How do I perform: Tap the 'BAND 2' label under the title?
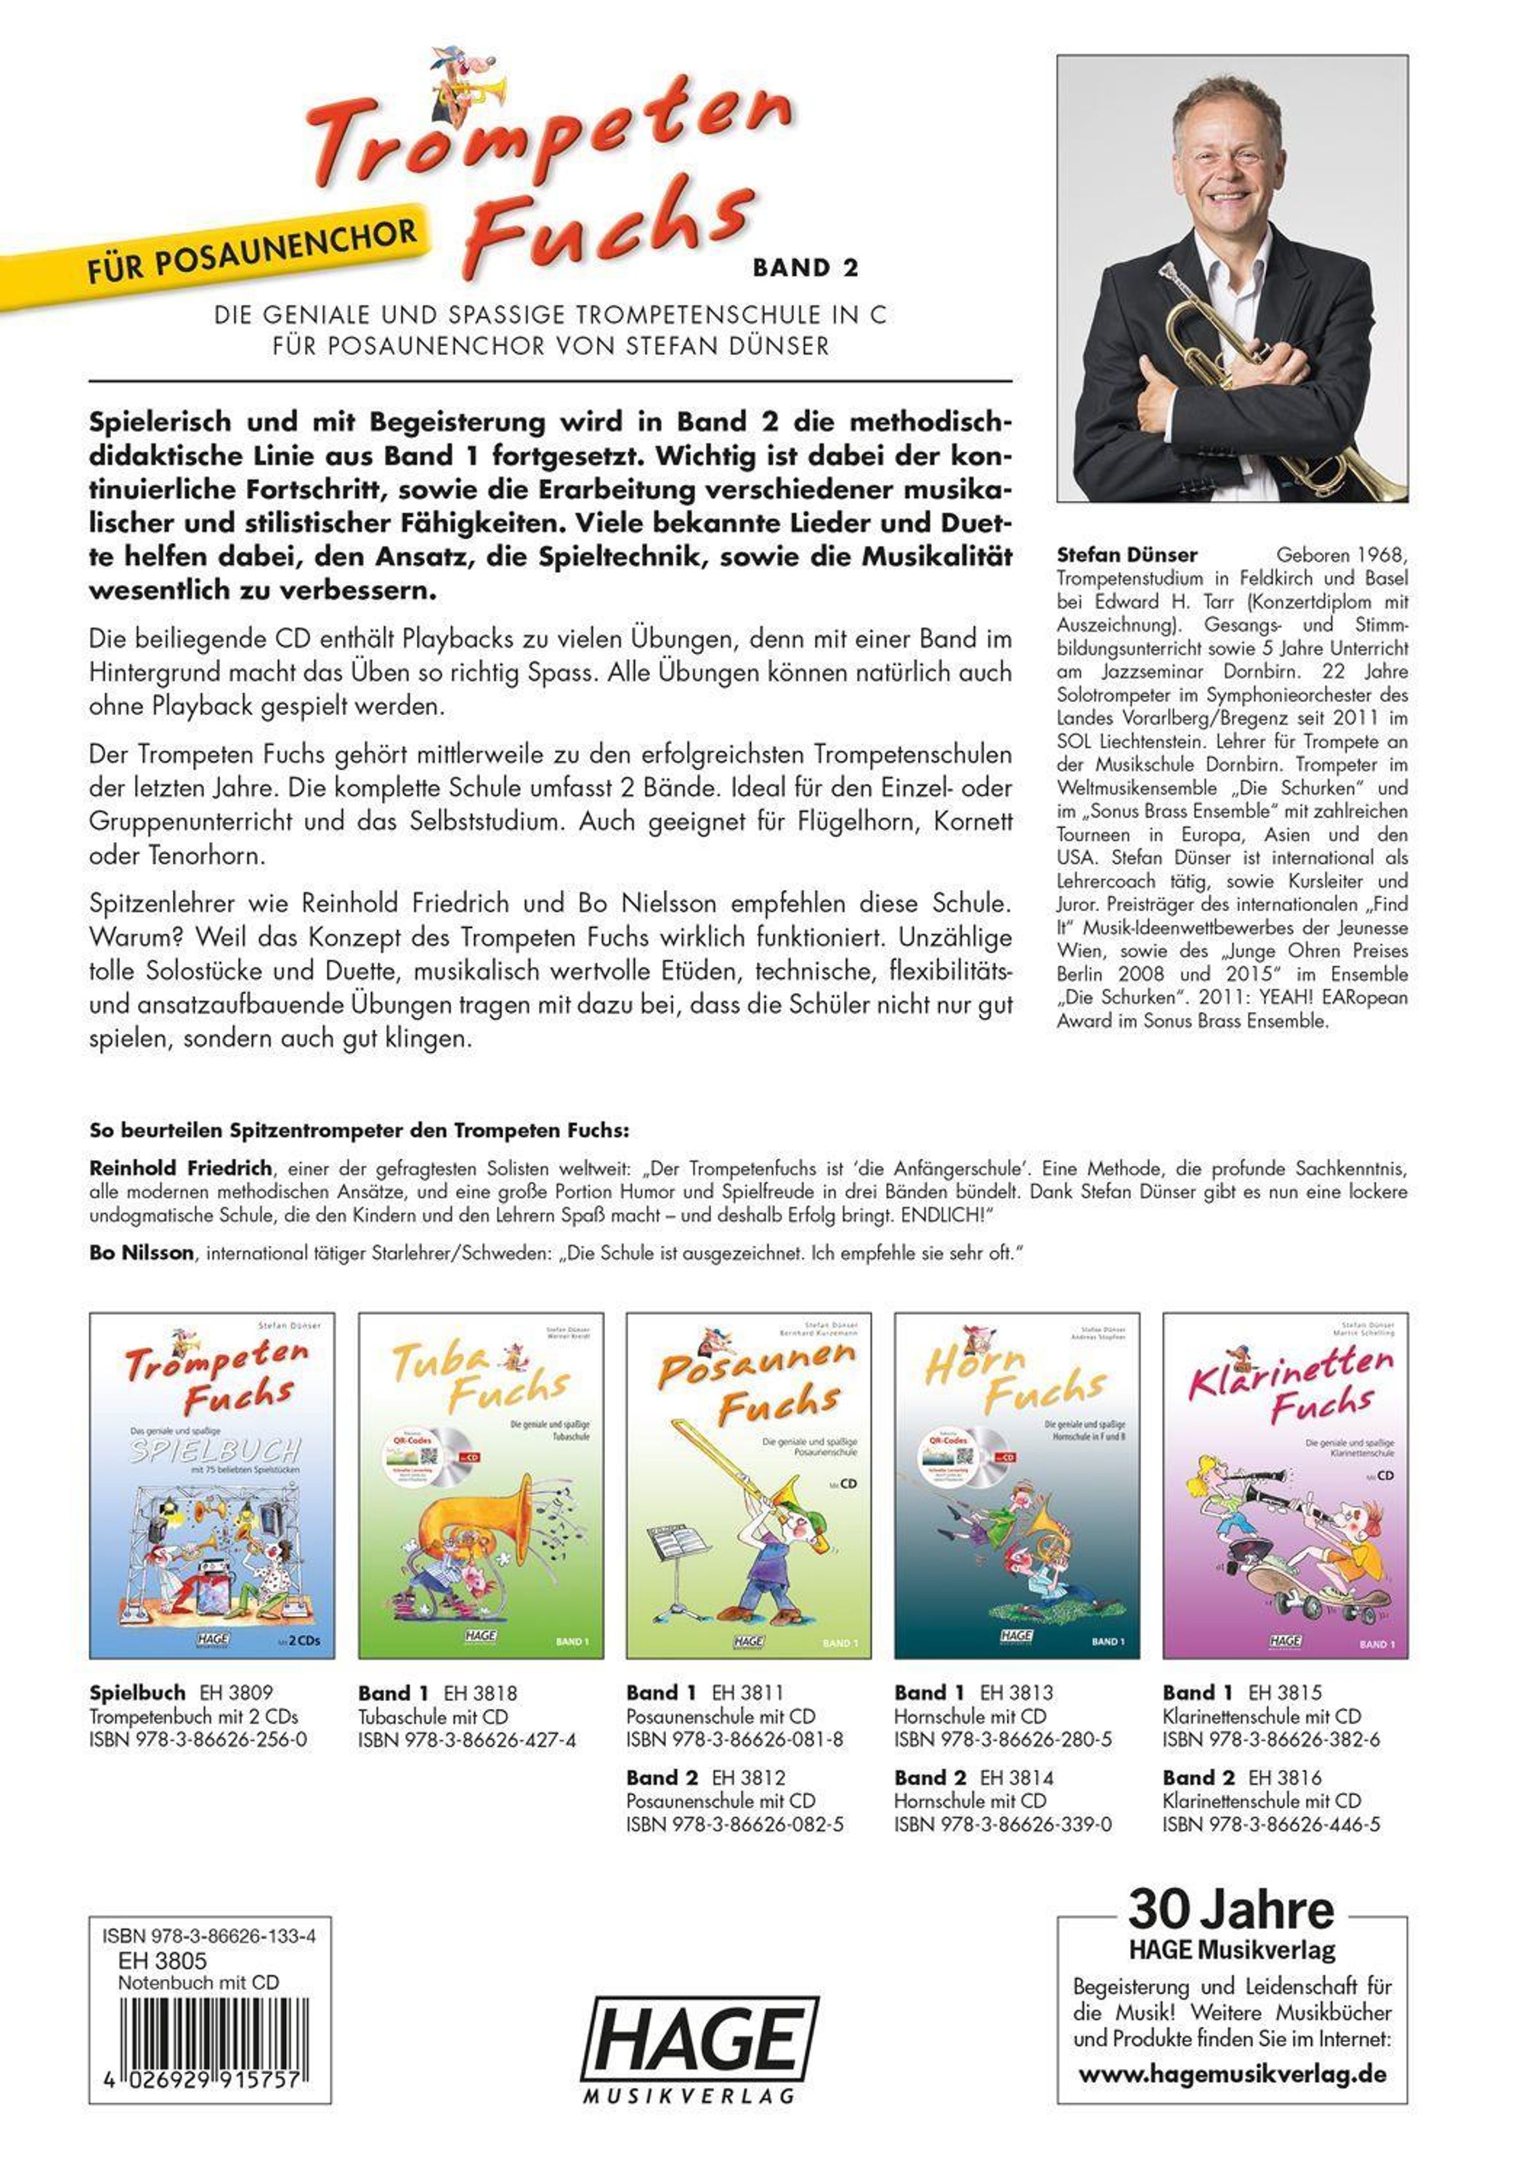click(805, 269)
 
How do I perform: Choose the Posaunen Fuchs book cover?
click(749, 1485)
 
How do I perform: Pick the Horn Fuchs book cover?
click(1016, 1485)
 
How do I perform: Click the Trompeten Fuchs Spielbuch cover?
click(212, 1485)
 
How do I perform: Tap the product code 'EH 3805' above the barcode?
click(161, 1961)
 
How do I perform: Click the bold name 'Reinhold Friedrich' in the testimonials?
click(180, 1168)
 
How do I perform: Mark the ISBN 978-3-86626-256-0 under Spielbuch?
click(198, 1740)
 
